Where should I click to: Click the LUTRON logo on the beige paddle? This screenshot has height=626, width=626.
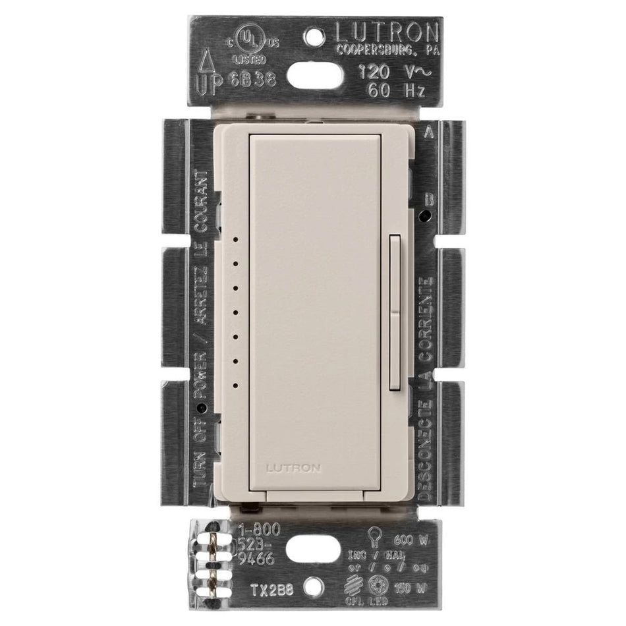tap(293, 468)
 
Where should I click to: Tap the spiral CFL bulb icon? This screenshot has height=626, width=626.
tap(358, 583)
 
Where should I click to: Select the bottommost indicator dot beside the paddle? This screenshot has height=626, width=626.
tap(235, 384)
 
